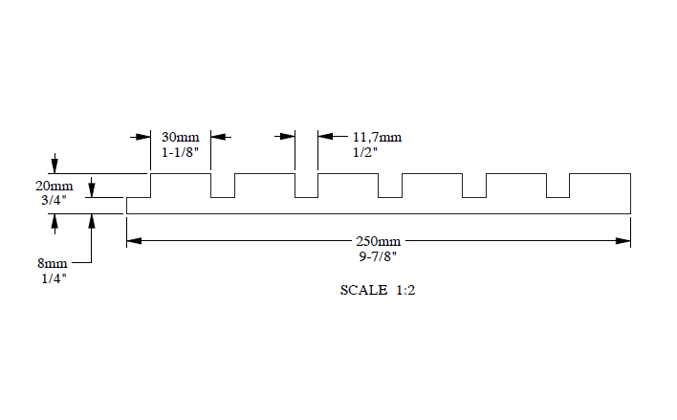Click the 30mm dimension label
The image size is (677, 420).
[181, 137]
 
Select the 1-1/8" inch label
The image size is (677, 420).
[180, 152]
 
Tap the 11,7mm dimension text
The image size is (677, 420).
[377, 137]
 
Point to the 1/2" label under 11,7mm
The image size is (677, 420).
[365, 152]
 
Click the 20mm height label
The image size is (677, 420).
[54, 186]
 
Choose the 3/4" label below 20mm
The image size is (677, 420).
[54, 200]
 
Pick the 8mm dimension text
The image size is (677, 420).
[53, 263]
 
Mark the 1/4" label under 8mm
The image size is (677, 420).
[54, 278]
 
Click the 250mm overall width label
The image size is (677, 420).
[379, 241]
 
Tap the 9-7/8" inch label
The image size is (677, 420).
[378, 256]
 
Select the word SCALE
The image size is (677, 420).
[363, 290]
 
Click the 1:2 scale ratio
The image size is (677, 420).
[405, 290]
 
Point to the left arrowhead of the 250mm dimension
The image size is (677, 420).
[134, 241]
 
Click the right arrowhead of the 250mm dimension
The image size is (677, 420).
[623, 241]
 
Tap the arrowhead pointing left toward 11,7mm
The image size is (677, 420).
[325, 137]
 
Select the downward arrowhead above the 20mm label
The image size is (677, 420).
[55, 166]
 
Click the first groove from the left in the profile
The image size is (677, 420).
[223, 186]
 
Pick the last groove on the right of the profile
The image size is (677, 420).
[557, 186]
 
